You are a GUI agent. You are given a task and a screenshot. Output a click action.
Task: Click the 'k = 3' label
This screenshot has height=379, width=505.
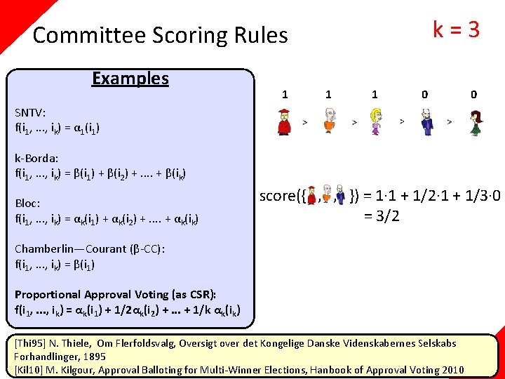(x=456, y=29)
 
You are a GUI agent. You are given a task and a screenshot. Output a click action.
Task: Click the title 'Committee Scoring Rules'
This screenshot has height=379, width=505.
(x=160, y=35)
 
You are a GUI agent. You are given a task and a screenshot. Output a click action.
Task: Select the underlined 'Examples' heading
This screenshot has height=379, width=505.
(x=130, y=78)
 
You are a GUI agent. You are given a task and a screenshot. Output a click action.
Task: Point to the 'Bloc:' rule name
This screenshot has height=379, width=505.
(x=27, y=204)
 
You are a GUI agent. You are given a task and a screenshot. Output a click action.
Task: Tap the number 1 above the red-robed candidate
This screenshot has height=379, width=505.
(x=284, y=94)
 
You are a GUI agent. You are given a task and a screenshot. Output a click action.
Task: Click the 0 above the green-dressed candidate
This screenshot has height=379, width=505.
(x=474, y=94)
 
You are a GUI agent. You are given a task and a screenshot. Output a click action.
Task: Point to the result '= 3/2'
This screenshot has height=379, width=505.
(x=382, y=216)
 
